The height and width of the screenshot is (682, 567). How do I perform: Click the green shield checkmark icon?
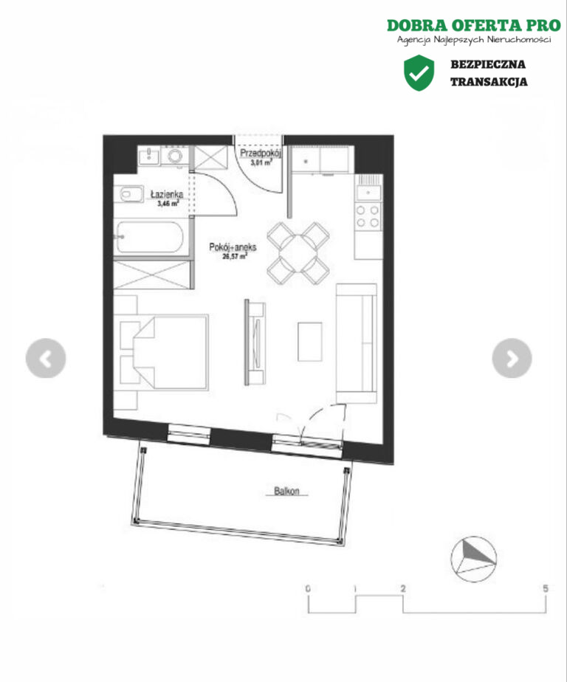(419, 72)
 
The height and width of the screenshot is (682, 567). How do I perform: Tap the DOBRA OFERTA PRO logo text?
(474, 25)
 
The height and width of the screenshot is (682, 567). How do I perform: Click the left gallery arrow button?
(46, 358)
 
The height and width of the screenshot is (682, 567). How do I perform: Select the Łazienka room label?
(167, 194)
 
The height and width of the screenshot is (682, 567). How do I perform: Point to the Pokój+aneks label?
(233, 247)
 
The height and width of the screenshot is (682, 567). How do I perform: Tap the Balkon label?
(286, 491)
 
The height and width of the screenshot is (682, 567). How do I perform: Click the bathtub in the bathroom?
(150, 238)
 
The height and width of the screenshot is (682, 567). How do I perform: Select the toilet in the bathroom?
(129, 194)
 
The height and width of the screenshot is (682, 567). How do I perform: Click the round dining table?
(298, 254)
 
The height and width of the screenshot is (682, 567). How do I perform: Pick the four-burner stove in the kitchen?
(368, 216)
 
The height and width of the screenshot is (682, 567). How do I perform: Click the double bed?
(171, 351)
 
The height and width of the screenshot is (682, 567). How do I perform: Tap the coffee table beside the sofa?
(310, 342)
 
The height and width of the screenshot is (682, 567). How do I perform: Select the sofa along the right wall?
(357, 343)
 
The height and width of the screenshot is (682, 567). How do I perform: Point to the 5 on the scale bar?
(546, 588)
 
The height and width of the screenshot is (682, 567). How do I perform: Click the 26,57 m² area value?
(235, 256)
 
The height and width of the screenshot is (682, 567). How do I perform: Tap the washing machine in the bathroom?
(175, 156)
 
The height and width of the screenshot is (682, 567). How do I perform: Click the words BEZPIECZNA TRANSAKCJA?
(489, 73)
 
